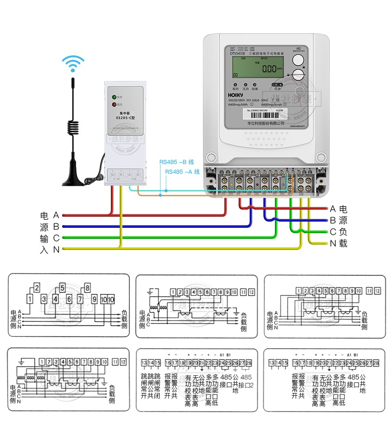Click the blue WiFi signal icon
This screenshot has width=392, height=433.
pos(73,63)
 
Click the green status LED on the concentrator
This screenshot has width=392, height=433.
pos(114,97)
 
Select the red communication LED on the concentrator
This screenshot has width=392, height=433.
pos(114,105)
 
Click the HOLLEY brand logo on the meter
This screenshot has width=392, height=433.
pos(236,95)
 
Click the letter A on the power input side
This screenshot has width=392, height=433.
pos(56,215)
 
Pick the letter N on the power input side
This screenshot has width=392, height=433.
pos(56,250)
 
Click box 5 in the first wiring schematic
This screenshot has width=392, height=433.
pos(63,287)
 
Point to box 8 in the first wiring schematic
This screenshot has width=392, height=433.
pos(87,287)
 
